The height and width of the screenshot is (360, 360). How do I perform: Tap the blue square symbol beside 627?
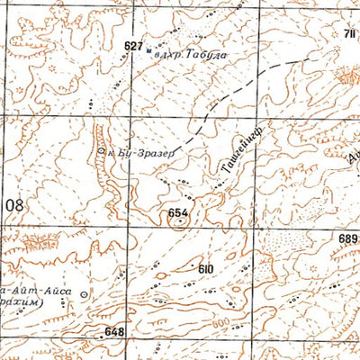pyautogui.click(x=149, y=52)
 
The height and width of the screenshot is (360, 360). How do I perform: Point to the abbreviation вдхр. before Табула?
pyautogui.click(x=169, y=55)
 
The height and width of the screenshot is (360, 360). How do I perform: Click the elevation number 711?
pyautogui.click(x=349, y=35)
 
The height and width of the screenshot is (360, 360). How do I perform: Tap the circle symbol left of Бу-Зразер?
pyautogui.click(x=102, y=151)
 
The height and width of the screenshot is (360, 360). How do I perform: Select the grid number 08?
pyautogui.click(x=15, y=205)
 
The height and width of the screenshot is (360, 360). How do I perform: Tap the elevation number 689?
pyautogui.click(x=349, y=238)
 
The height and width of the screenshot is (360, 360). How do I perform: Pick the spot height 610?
pyautogui.click(x=206, y=268)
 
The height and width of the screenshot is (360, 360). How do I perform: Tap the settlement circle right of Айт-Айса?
pyautogui.click(x=85, y=294)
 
